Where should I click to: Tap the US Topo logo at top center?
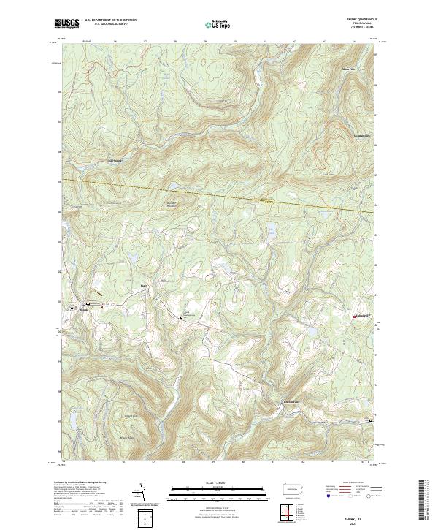(x=220, y=24)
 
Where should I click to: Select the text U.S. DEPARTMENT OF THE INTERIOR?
(x=110, y=20)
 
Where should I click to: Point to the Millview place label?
(x=351, y=68)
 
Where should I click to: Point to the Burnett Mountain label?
(x=172, y=204)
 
